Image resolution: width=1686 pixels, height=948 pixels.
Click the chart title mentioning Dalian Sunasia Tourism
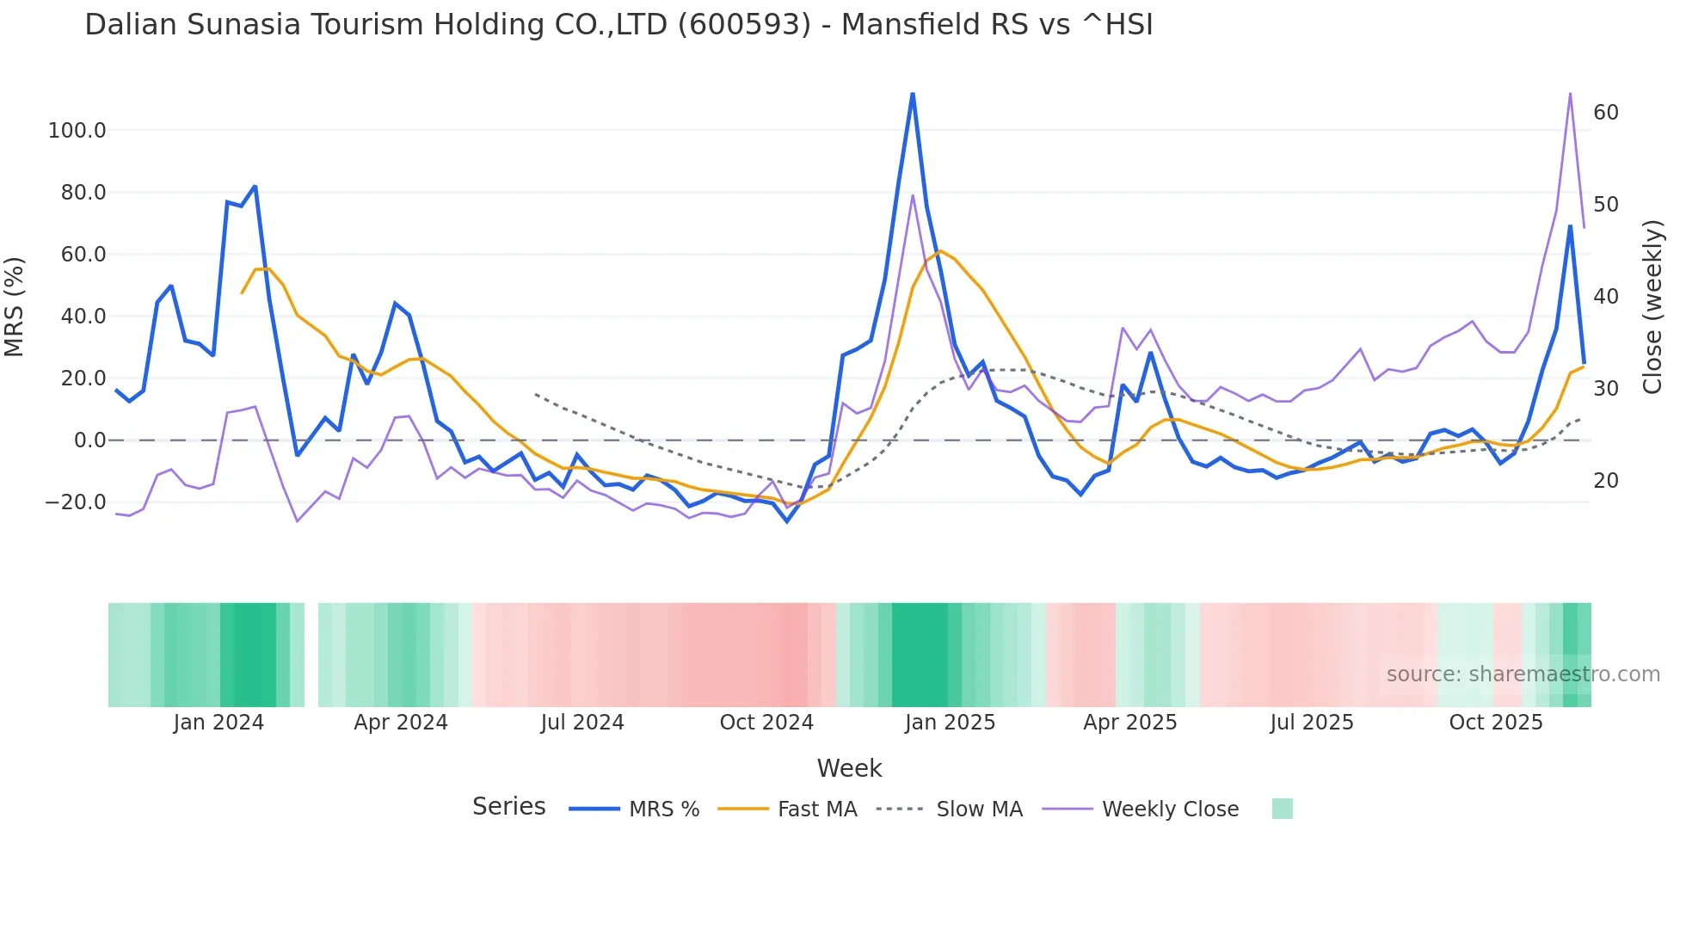tap(618, 25)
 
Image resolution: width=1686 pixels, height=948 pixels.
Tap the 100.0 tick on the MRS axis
tap(77, 131)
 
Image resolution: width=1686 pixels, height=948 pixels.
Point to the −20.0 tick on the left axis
tap(75, 502)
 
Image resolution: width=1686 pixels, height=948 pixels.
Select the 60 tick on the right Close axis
tap(1606, 113)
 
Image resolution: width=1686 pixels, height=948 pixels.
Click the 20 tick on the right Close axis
tap(1606, 481)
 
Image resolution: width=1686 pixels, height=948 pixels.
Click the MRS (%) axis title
tap(15, 307)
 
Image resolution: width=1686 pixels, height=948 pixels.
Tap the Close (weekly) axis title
tap(1652, 307)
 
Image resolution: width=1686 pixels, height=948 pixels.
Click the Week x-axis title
tap(849, 768)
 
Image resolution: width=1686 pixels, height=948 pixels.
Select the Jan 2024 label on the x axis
tap(218, 723)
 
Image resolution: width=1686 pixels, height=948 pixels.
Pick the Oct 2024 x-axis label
tap(766, 723)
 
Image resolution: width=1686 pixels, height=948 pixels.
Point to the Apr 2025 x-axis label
tap(1130, 723)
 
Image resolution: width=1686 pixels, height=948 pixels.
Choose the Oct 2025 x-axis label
tap(1496, 723)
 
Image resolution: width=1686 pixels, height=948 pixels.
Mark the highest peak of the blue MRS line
tap(913, 94)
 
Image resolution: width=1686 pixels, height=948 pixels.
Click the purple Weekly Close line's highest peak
tap(1570, 94)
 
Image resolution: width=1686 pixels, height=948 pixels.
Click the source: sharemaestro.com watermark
tap(1523, 674)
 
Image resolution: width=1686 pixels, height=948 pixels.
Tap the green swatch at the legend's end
tap(1282, 809)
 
